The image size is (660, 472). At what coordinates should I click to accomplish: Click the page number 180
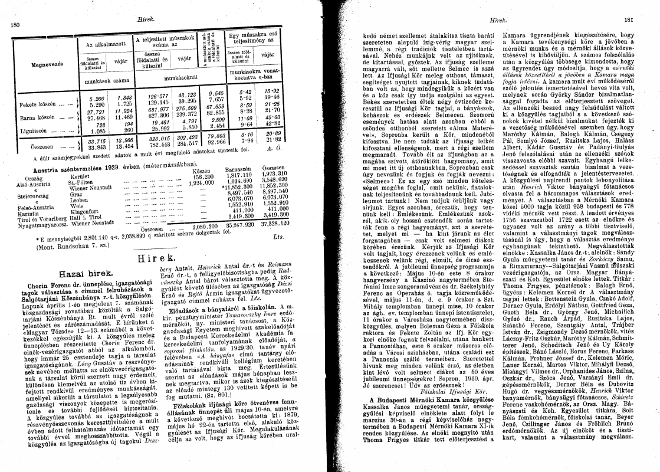point(16,25)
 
